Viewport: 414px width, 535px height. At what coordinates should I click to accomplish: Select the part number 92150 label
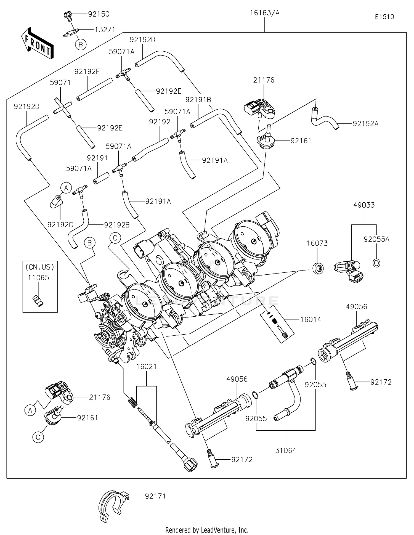point(99,14)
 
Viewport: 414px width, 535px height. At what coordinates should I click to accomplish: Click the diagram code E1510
point(384,17)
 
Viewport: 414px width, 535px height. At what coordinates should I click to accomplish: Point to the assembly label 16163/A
point(265,13)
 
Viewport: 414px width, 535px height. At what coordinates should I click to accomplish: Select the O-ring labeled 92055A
point(376,263)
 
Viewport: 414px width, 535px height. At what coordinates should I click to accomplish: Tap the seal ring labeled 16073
point(318,268)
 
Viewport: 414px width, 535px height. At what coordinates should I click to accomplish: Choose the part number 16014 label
point(310,319)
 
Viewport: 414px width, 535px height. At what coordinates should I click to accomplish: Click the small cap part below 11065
point(38,301)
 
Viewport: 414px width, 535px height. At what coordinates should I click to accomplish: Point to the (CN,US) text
point(40,267)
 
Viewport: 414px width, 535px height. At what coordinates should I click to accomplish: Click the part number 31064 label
point(286,451)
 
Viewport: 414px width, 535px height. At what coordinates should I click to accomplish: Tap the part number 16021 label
point(146,367)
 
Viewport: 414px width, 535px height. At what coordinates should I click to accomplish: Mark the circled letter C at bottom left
point(38,437)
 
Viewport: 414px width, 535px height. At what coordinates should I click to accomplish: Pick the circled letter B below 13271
point(81,44)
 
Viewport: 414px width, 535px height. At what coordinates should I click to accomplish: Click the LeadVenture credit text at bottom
point(207,530)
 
